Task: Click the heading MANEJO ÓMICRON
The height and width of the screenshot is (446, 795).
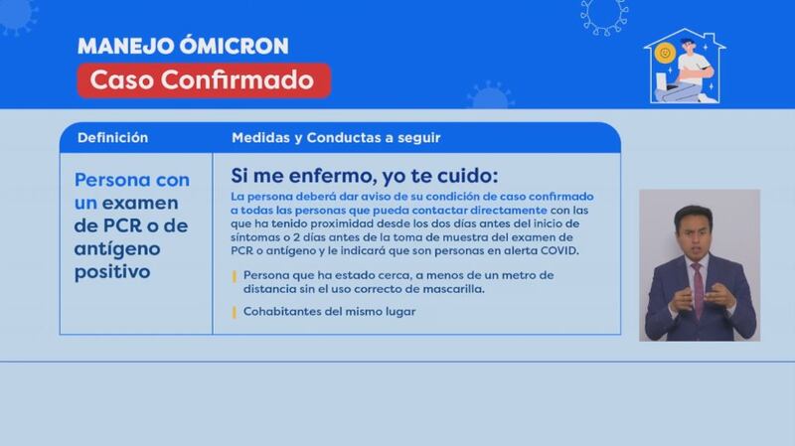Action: click(183, 46)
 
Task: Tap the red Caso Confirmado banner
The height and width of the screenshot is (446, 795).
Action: click(204, 80)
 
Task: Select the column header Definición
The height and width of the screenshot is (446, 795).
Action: click(112, 138)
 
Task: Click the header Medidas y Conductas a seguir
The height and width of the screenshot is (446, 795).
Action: click(336, 138)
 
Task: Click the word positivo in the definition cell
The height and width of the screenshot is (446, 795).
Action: click(112, 272)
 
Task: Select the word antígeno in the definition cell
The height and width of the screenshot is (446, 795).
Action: click(117, 249)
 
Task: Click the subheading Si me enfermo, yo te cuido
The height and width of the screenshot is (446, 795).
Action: click(365, 176)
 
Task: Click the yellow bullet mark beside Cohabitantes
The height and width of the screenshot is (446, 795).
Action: click(234, 312)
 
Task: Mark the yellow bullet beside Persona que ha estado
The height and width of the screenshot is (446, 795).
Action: click(234, 276)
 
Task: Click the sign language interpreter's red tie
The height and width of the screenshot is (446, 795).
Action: click(699, 289)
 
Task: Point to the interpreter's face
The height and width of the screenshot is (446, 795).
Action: click(693, 234)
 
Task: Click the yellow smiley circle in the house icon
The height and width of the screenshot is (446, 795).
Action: click(665, 53)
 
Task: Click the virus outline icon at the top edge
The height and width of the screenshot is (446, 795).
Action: click(604, 15)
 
